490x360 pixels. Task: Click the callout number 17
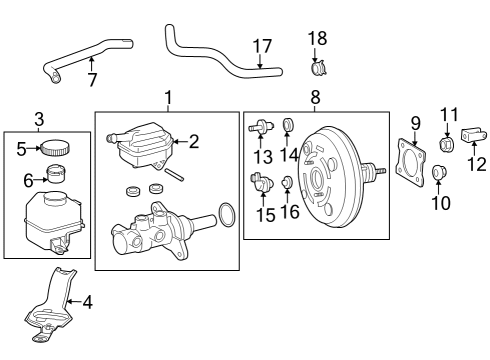(x=261, y=45)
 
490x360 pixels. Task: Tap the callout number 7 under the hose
(x=91, y=78)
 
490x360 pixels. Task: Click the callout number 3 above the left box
(x=39, y=118)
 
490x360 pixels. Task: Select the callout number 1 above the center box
(x=168, y=98)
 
